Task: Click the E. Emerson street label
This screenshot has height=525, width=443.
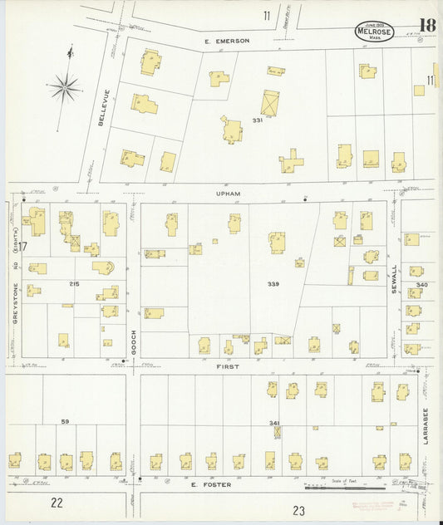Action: pos(226,40)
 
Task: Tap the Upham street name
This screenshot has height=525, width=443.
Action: pos(228,194)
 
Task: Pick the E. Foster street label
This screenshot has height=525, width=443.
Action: pos(203,484)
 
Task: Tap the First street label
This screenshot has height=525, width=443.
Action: pos(228,366)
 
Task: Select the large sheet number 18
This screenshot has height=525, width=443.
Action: pos(427,27)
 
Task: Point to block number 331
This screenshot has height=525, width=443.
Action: pos(258,121)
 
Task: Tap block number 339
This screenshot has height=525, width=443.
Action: pos(273,284)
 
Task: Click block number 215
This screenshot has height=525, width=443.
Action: pos(75,284)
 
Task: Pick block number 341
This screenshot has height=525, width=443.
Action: pos(273,423)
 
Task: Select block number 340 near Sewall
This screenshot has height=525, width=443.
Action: pos(422,284)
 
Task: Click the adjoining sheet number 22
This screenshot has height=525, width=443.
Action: pos(56,502)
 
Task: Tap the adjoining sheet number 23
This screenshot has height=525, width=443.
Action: pos(299,510)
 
